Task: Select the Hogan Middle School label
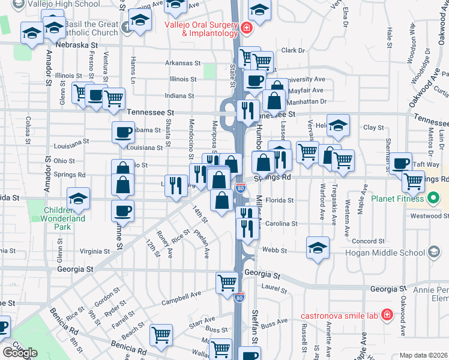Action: (x=393, y=253)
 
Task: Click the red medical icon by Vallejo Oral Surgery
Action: (x=246, y=28)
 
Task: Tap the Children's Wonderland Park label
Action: (x=64, y=214)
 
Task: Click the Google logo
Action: (x=20, y=352)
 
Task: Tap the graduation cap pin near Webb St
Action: (x=318, y=248)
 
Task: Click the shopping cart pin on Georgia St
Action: (x=228, y=283)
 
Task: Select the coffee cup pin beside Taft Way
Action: (x=400, y=163)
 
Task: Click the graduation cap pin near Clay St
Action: (x=338, y=126)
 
